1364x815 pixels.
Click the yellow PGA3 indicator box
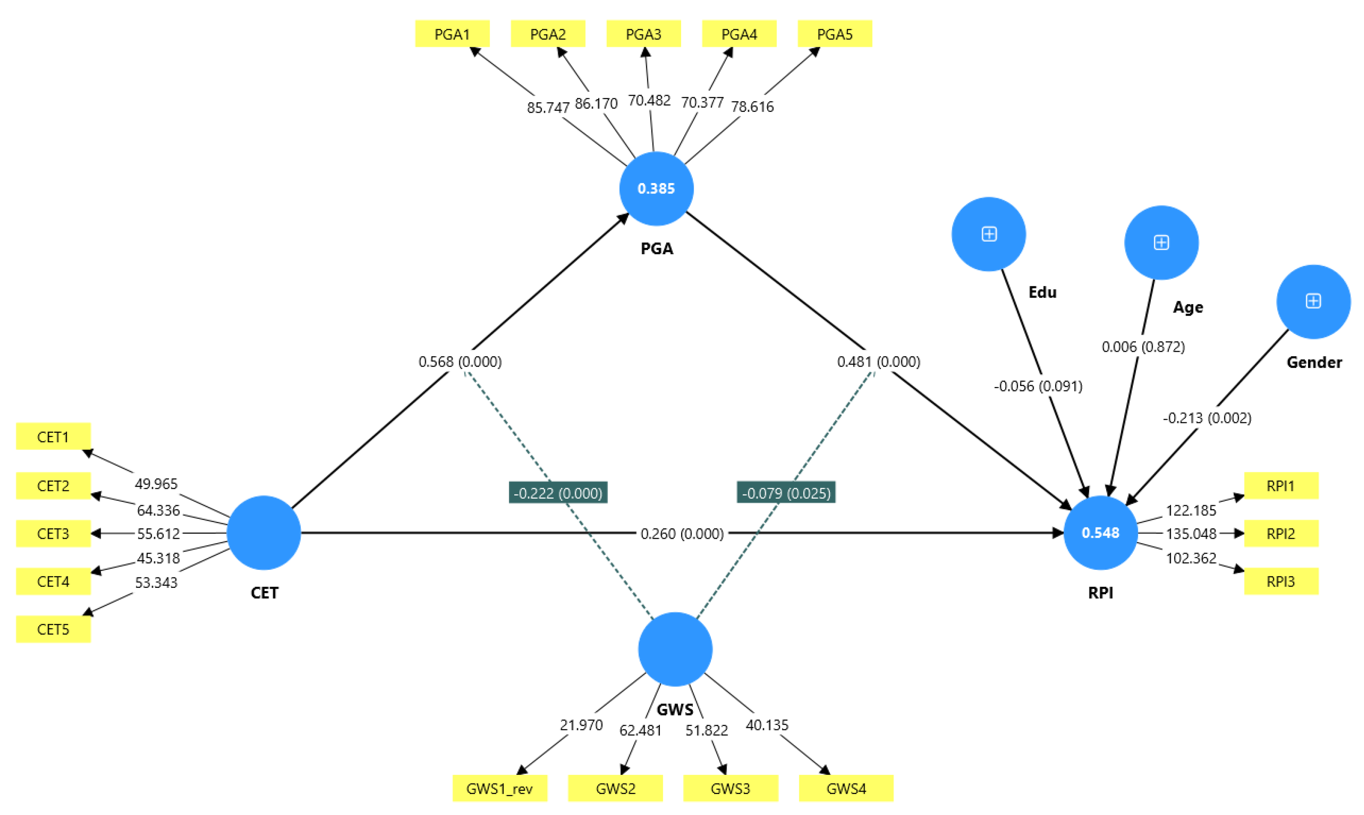click(643, 34)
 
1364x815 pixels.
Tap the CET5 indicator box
click(53, 629)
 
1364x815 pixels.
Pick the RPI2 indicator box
click(1281, 534)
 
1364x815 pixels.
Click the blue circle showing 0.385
click(656, 188)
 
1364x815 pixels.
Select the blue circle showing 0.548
click(1100, 533)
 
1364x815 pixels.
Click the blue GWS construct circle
click(675, 649)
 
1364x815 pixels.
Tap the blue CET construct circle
click(264, 533)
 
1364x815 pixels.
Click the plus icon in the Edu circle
click(989, 234)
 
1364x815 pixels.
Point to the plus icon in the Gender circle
click(1313, 301)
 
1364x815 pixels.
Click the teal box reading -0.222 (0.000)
click(558, 493)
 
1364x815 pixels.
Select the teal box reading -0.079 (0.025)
click(786, 493)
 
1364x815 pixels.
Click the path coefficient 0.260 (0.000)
click(682, 534)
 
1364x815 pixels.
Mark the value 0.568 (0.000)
click(460, 362)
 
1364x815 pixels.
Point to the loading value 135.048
click(1190, 534)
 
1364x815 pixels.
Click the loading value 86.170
click(596, 103)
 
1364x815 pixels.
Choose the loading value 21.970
click(581, 725)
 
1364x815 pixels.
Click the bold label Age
click(1187, 307)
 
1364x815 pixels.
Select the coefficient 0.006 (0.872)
click(1143, 347)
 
